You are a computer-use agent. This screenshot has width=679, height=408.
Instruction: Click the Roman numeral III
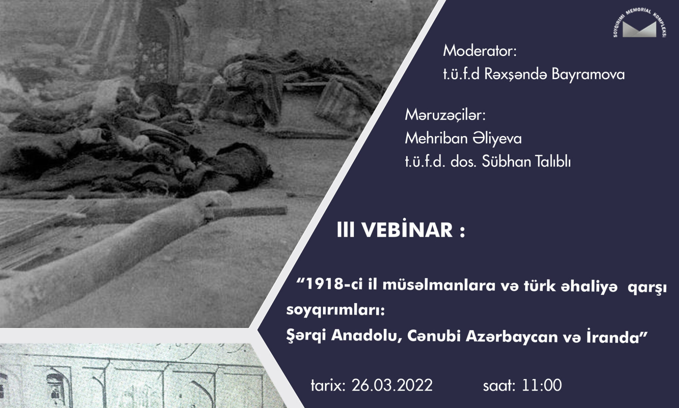pos(346,231)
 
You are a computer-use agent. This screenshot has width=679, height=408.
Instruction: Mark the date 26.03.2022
pos(392,386)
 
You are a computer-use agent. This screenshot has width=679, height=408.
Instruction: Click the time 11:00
pos(542,386)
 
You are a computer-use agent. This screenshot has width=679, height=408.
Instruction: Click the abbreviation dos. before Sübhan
pos(464,161)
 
